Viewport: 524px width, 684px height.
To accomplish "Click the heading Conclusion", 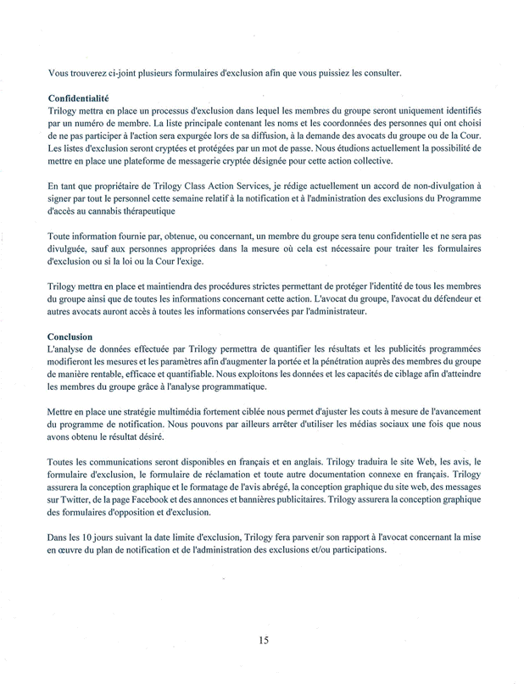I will [x=70, y=336].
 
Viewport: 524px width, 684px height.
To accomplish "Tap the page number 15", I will [x=264, y=641].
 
